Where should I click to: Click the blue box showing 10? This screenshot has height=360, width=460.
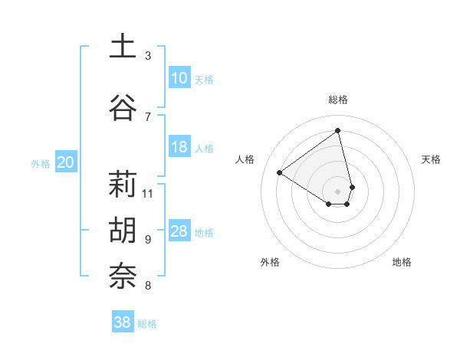coord(179,78)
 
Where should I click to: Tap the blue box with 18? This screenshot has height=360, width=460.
coord(179,147)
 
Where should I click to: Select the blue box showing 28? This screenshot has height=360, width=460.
coord(179,231)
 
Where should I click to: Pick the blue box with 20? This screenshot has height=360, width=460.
coord(66,162)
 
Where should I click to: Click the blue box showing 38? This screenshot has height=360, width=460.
coord(123,322)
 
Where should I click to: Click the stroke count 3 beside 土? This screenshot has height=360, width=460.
coord(148,55)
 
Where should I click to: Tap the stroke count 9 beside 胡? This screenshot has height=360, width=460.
coord(148,239)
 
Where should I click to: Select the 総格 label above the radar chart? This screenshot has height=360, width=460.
coord(338,100)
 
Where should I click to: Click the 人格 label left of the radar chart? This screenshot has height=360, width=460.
coord(245,159)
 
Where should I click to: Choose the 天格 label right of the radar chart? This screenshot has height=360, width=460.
coord(431,159)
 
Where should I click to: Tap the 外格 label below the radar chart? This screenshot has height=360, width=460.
coord(270,262)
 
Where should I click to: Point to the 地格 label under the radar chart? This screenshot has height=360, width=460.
coord(402,262)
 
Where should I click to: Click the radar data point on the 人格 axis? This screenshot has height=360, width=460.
coord(280,172)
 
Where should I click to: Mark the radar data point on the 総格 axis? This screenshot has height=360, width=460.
coord(338,130)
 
